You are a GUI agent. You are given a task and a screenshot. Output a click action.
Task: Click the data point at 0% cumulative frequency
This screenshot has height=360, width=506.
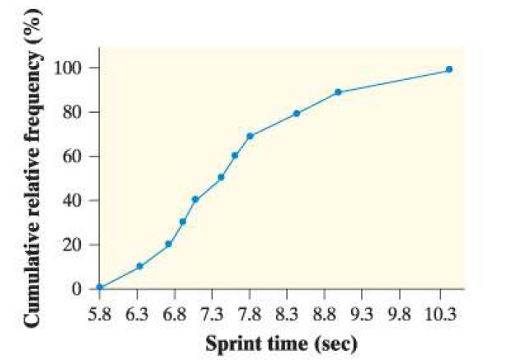tap(100, 288)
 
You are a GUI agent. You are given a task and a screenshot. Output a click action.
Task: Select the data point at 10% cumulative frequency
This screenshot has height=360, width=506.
tap(139, 266)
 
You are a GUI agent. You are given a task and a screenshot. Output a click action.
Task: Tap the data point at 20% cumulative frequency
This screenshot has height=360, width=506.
tap(168, 244)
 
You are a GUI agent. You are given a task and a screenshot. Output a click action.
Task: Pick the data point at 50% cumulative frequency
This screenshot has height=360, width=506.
tap(221, 177)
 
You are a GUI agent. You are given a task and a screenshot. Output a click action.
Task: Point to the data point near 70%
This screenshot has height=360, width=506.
tap(250, 136)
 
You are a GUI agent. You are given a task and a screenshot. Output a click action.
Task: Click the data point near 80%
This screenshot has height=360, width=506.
tap(296, 114)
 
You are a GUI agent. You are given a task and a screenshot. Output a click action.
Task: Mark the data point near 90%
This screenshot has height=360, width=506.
tap(339, 92)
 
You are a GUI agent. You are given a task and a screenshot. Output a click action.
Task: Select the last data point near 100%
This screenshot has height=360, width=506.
tap(449, 70)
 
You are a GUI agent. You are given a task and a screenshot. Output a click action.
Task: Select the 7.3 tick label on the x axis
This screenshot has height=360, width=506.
tap(212, 314)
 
